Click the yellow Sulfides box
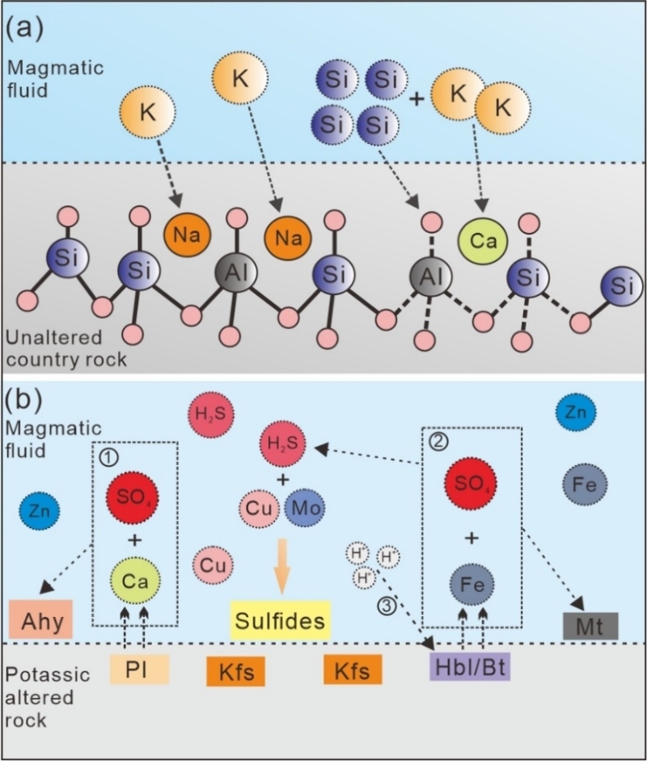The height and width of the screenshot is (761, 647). [x=280, y=622]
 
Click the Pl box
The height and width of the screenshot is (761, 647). [x=140, y=670]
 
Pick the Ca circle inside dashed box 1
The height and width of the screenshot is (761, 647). [x=133, y=582]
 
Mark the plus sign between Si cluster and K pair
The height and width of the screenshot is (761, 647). [x=417, y=99]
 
